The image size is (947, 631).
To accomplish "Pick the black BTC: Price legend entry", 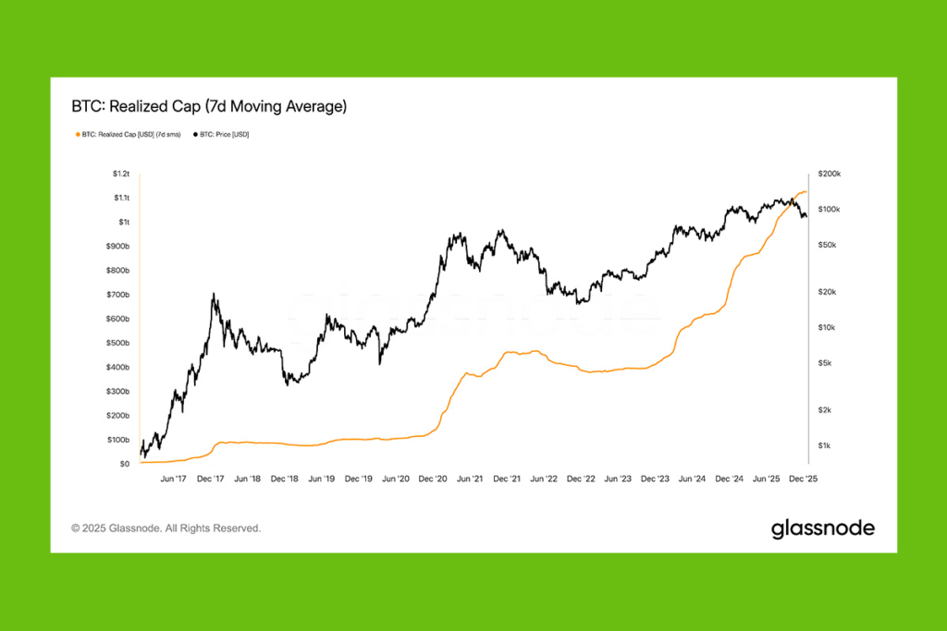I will (x=221, y=135).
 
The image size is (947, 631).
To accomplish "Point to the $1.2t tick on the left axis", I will (x=120, y=174).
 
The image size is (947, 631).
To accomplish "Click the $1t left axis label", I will (x=124, y=223).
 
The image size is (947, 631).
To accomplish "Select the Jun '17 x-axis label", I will (x=173, y=479).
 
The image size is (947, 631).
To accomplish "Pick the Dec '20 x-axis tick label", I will (x=433, y=479).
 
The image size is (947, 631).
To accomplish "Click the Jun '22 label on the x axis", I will (x=545, y=479).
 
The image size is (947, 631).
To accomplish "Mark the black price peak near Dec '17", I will (x=215, y=295).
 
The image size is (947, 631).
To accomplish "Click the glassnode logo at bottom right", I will (x=822, y=528).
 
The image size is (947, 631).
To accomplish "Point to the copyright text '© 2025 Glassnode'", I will (x=166, y=528).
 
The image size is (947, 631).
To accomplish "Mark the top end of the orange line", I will (x=806, y=191).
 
